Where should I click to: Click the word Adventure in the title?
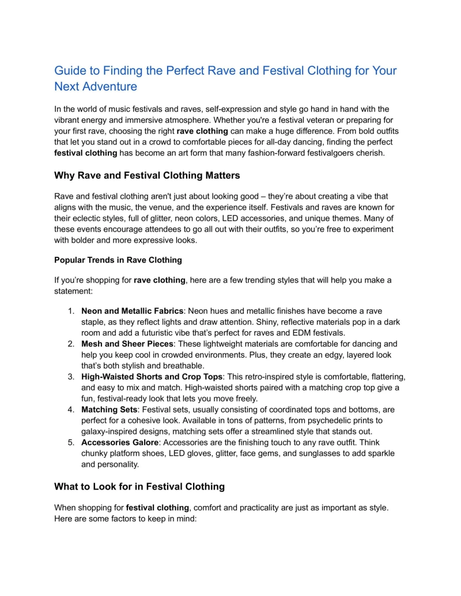point(109,87)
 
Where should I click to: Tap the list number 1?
point(71,311)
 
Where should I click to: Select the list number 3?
point(71,377)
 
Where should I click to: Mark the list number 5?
point(71,442)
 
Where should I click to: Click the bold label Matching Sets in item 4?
point(109,409)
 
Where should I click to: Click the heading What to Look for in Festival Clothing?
point(139,487)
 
